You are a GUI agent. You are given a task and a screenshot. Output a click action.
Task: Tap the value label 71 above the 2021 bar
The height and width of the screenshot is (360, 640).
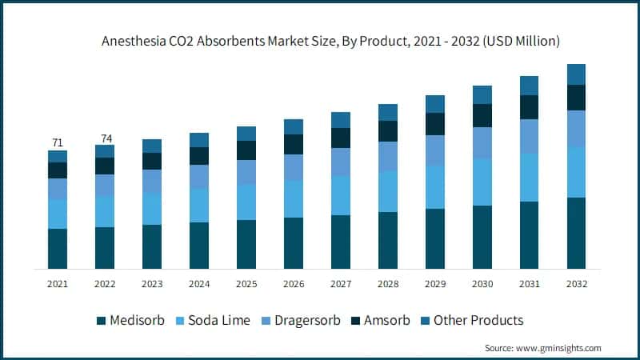(58, 142)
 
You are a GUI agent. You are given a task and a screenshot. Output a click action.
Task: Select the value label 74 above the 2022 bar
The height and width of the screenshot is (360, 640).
(105, 138)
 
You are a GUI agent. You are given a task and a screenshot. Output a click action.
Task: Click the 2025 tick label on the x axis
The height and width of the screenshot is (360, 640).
(246, 283)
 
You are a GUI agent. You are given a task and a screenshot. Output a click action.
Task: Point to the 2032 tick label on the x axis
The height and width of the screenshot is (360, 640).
(577, 283)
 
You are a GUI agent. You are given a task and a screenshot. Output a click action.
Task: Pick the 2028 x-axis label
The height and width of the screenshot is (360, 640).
(388, 283)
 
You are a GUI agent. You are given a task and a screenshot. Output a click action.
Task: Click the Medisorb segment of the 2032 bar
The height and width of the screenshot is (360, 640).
(576, 233)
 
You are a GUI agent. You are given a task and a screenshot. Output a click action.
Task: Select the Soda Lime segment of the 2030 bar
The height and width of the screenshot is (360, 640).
(482, 182)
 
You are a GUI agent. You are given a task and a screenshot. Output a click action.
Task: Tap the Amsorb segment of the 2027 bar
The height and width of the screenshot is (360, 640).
(341, 138)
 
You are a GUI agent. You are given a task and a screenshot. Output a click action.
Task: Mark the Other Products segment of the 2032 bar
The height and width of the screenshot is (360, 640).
(576, 74)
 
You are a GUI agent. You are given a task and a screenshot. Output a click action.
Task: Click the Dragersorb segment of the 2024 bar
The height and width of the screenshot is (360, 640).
(199, 177)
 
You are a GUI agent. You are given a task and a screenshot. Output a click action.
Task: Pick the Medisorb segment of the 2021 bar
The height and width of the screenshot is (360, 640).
(58, 248)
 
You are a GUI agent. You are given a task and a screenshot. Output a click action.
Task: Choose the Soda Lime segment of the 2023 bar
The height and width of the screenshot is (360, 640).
(152, 209)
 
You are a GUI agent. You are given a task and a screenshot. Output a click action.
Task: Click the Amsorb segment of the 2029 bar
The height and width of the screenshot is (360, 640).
(435, 124)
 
